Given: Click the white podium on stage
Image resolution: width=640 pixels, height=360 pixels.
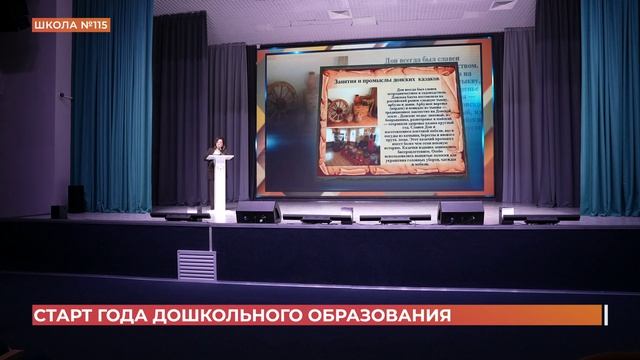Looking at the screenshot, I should (219, 185).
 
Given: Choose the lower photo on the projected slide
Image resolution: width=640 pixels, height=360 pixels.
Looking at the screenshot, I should (346, 147).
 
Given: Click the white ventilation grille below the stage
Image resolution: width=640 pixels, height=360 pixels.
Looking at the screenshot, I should (197, 265).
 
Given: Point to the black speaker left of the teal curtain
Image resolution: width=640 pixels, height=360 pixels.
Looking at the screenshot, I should (77, 198).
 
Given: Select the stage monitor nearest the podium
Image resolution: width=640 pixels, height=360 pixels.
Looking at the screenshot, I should (258, 212).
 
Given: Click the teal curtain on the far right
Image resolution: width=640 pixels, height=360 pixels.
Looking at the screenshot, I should (609, 110).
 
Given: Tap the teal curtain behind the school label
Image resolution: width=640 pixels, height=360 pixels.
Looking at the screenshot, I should (110, 110).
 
